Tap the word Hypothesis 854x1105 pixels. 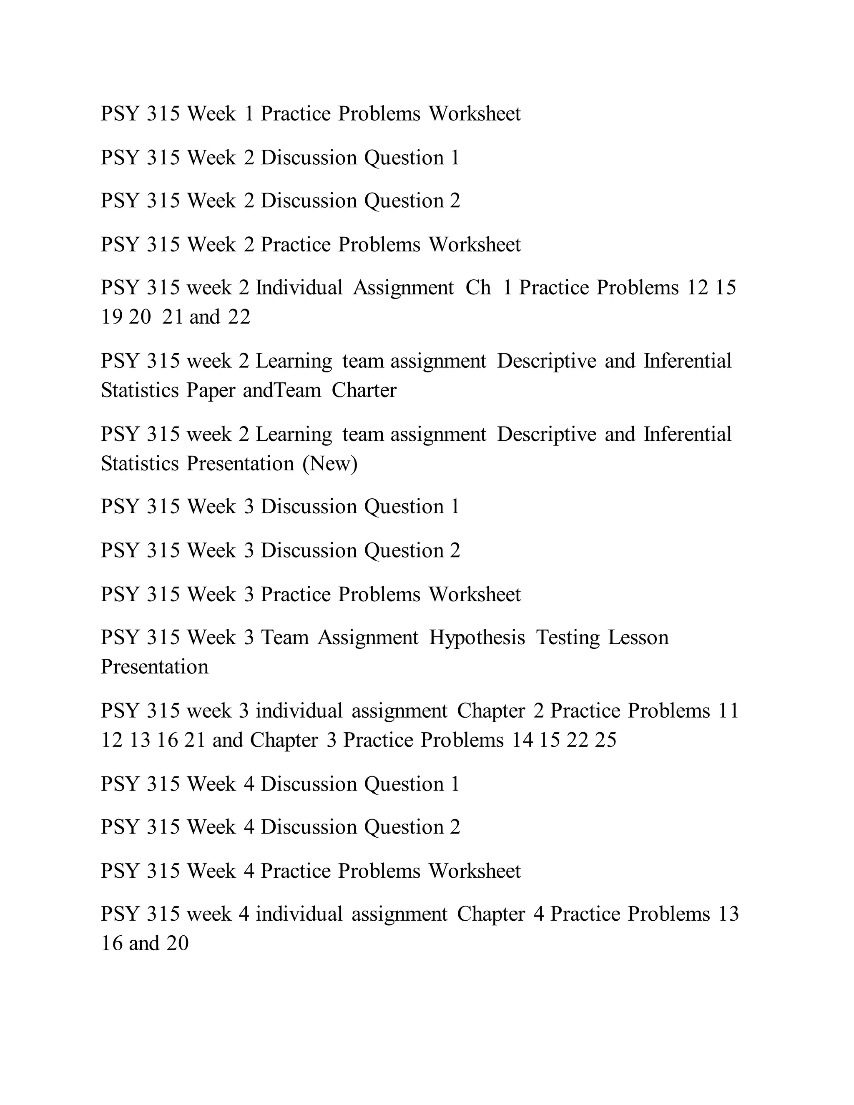pos(477,638)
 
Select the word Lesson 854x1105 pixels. pos(638,638)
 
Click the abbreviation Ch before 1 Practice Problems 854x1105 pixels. pos(478,288)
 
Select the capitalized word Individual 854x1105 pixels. pos(299,288)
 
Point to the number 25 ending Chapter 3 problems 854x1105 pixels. pos(605,740)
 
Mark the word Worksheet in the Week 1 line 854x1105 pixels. pos(475,114)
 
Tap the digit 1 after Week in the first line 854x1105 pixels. pos(249,114)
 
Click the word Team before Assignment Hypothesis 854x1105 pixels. pos(284,638)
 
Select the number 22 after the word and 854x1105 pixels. pos(239,317)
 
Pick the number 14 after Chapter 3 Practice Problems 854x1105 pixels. pos(522,740)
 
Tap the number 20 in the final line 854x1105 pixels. pos(178,943)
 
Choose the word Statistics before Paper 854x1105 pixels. pos(140,391)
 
